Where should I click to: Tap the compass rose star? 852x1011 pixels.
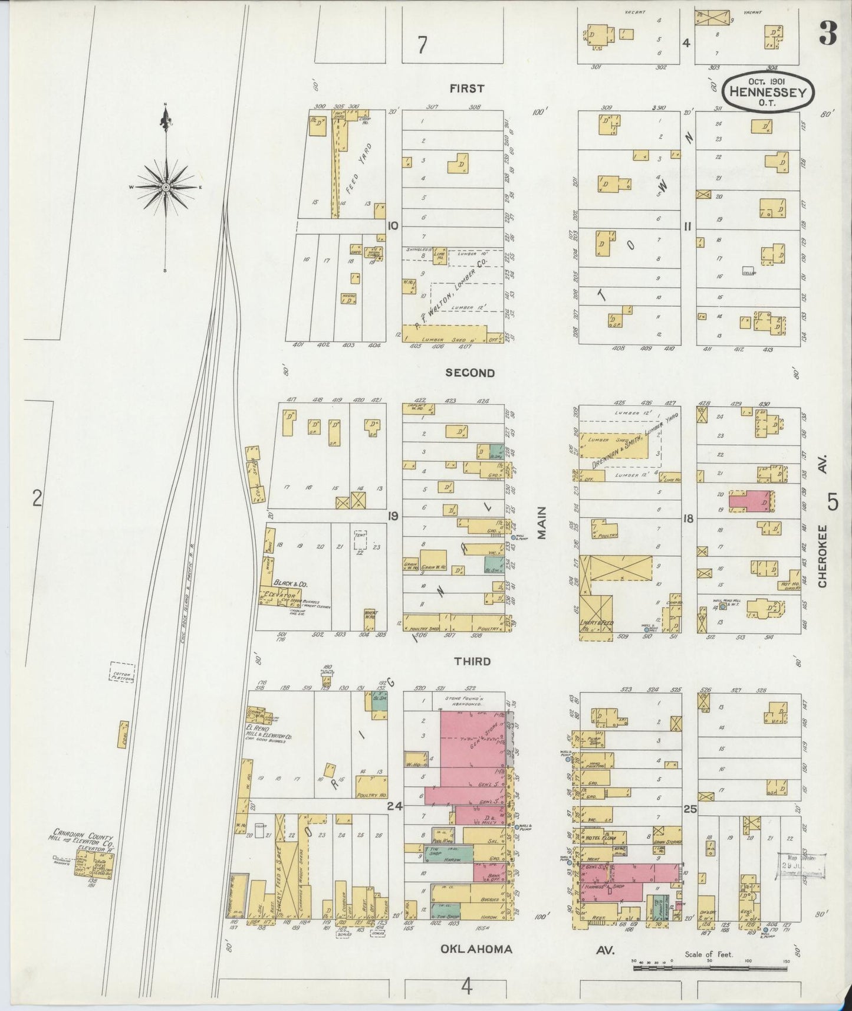pos(166,188)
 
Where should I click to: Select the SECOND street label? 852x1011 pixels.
pos(470,373)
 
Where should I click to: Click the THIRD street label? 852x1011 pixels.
pos(472,661)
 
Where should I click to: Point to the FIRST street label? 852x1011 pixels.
pos(466,88)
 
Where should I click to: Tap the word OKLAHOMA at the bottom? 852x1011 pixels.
pos(476,949)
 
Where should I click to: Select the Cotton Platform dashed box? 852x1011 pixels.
pos(122,673)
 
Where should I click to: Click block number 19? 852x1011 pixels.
pos(393,516)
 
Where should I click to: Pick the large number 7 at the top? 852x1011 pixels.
pos(422,45)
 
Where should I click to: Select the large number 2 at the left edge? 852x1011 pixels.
pos(37,500)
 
